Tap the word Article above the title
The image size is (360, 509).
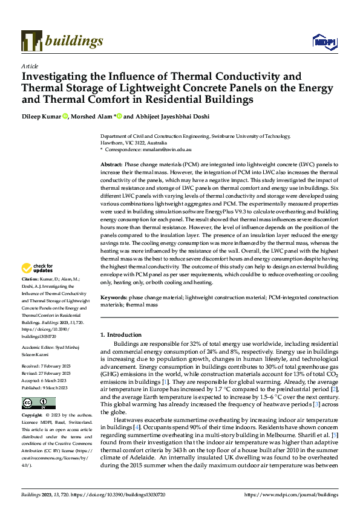[x=30, y=66]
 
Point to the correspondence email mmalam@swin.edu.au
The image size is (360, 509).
[x=166, y=149]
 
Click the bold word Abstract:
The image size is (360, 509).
[x=111, y=164]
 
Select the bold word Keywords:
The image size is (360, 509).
[x=114, y=298]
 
